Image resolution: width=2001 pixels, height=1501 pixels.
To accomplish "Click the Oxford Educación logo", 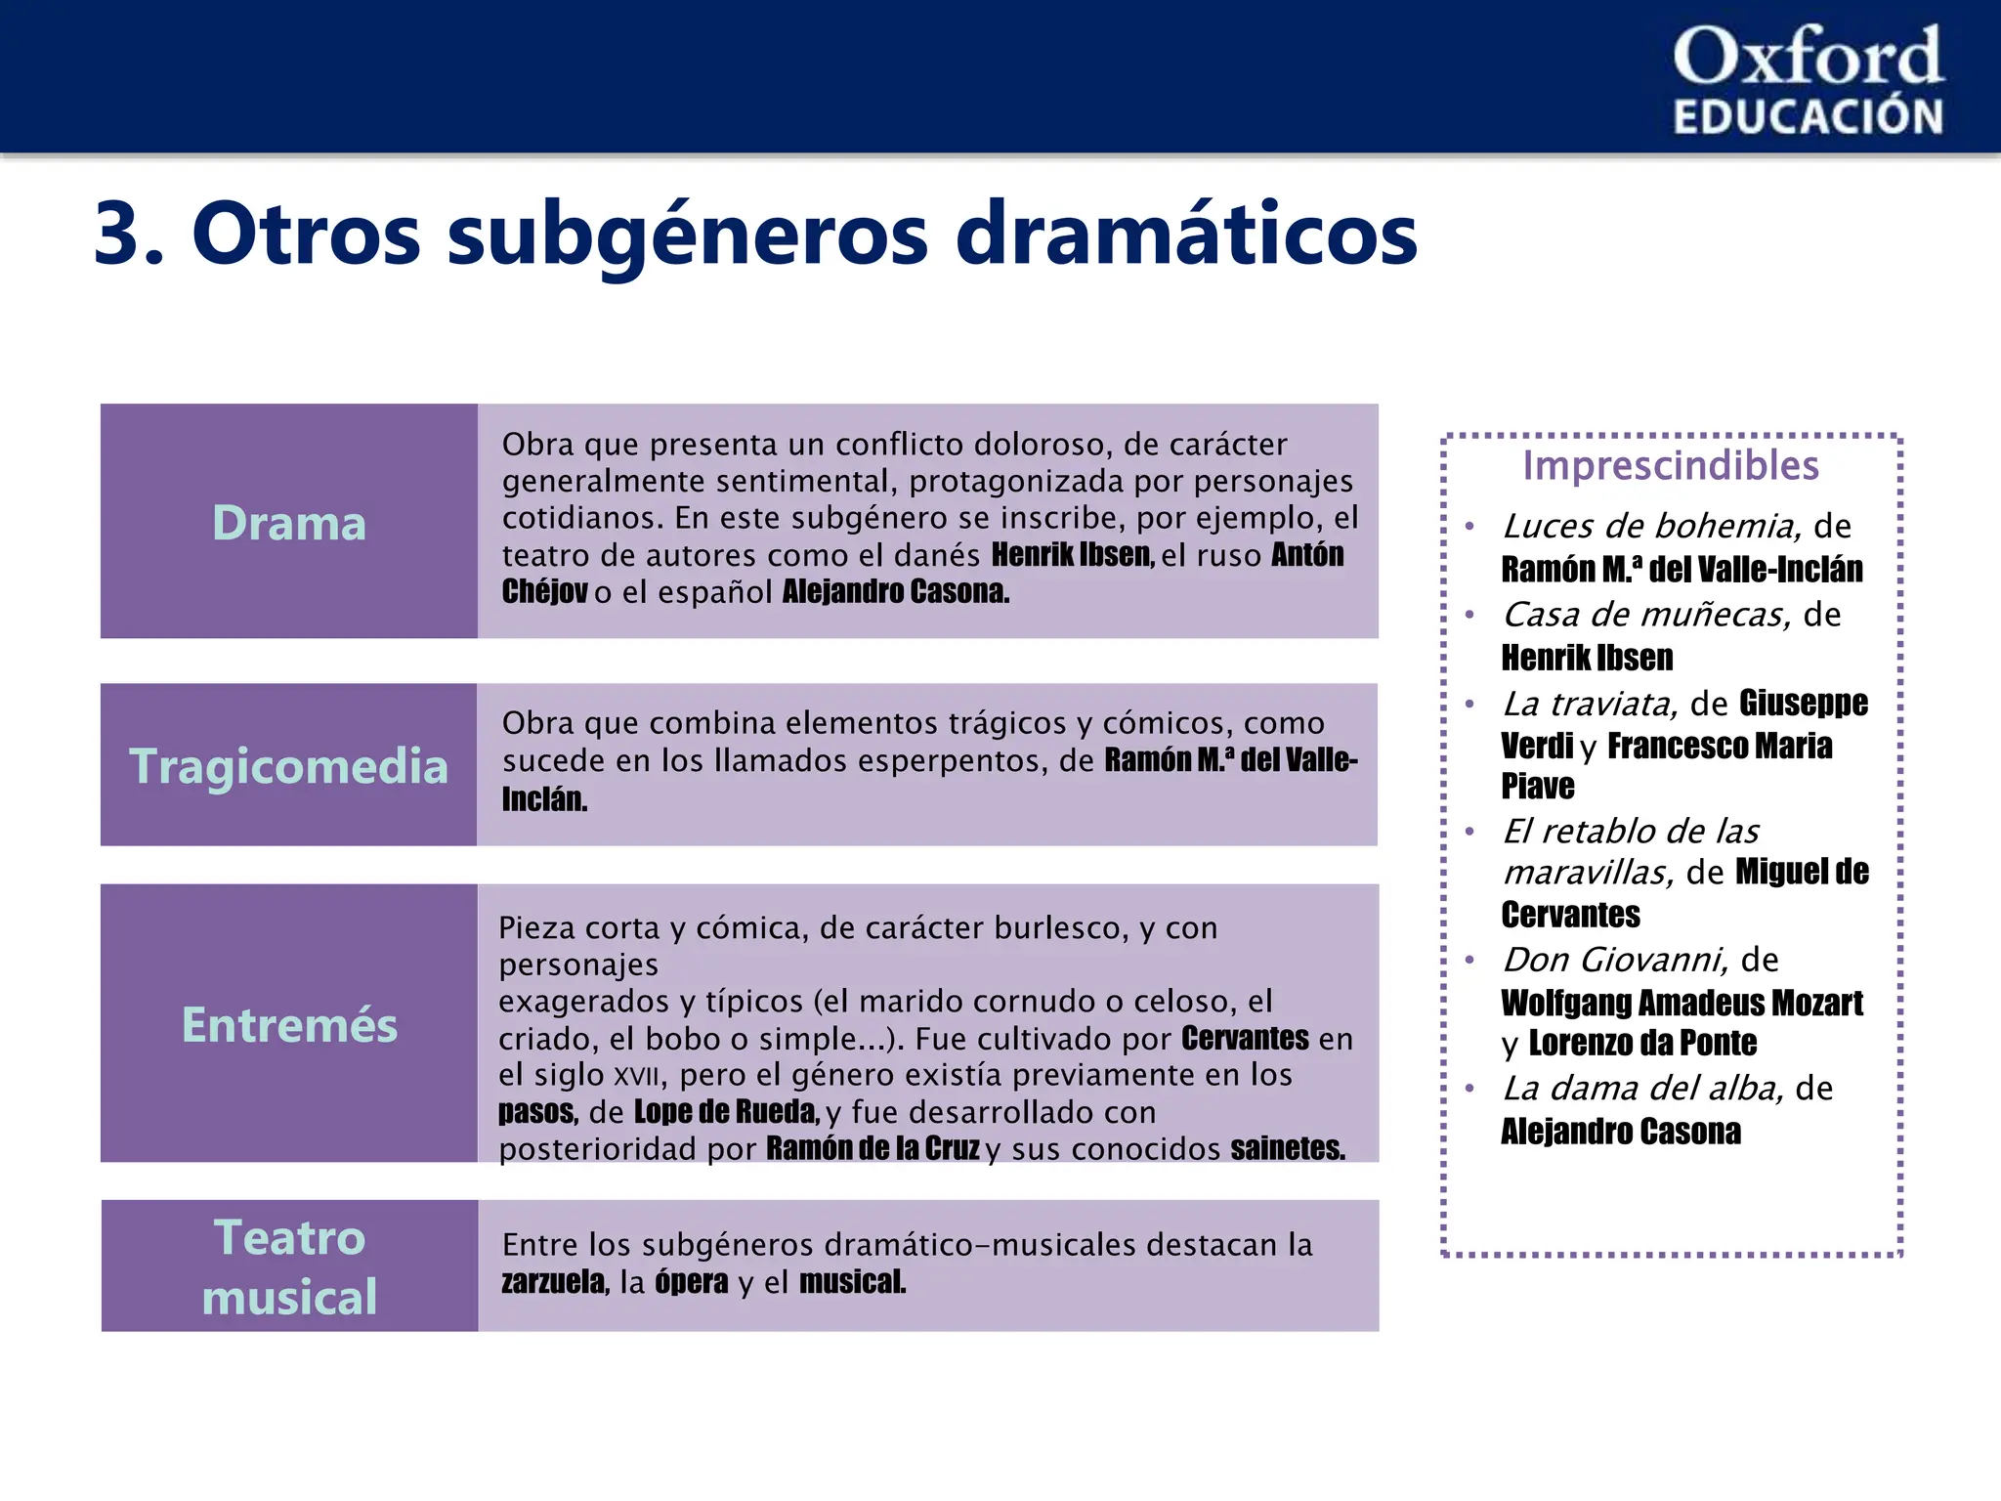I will click(1808, 80).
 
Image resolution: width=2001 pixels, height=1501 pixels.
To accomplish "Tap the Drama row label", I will click(289, 523).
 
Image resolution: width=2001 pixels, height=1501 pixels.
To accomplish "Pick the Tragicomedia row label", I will click(289, 765).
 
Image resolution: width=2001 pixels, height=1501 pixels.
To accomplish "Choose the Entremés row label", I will click(289, 1024).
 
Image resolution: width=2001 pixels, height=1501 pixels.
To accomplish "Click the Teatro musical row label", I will click(289, 1266).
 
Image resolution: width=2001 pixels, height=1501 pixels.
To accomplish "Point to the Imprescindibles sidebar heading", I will click(1671, 466).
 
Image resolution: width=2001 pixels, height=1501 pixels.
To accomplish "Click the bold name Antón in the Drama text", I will click(1307, 555).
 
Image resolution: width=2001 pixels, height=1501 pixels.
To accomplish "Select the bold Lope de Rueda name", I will click(726, 1112).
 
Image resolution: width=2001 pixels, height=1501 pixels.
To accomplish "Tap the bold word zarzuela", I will click(554, 1282).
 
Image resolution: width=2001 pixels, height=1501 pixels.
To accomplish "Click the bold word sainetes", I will click(1288, 1149).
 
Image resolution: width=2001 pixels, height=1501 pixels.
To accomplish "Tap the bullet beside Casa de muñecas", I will click(1469, 615).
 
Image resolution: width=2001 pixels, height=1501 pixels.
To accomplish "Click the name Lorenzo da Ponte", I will click(1642, 1044).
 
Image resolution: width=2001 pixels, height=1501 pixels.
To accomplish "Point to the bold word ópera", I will click(691, 1282).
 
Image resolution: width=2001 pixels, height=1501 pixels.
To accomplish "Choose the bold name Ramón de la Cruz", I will click(873, 1149).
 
